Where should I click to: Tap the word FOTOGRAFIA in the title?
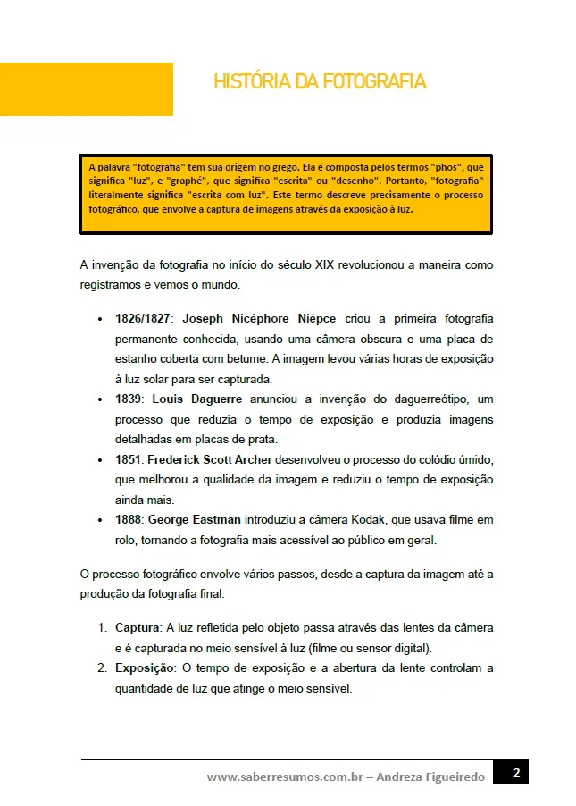click(374, 82)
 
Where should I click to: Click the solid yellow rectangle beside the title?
click(86, 89)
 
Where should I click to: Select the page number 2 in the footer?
click(515, 773)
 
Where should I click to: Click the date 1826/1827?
click(145, 319)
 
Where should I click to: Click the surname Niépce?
click(314, 319)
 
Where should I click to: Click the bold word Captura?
click(137, 627)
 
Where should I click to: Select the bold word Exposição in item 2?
click(143, 667)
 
